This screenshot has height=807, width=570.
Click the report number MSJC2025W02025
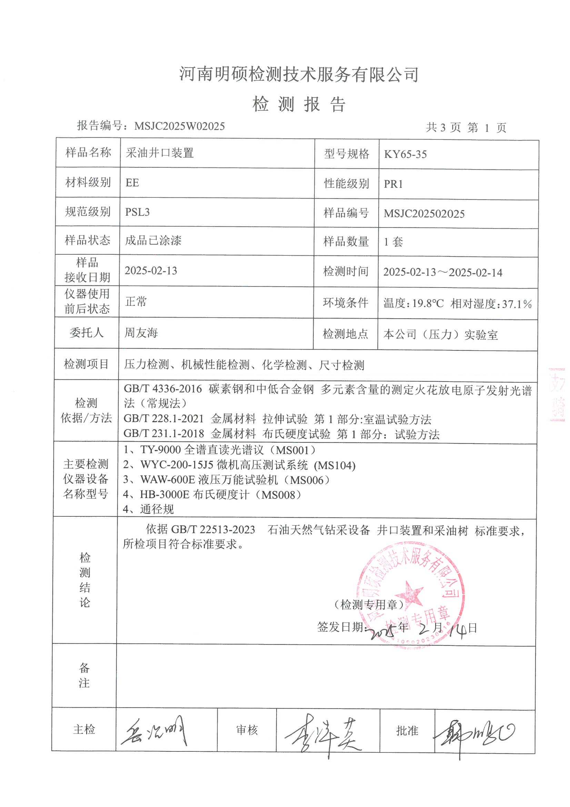(x=179, y=126)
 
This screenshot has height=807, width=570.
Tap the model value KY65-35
(x=405, y=154)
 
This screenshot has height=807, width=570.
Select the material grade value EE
(x=132, y=183)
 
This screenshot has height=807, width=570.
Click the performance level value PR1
(x=393, y=184)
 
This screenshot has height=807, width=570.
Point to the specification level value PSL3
(x=137, y=212)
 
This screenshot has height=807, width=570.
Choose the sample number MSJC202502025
(x=424, y=214)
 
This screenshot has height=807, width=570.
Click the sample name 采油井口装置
(x=160, y=153)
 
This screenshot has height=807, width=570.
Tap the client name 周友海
(x=141, y=332)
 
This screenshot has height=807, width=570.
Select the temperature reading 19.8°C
(x=428, y=303)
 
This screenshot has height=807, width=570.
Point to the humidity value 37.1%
(x=517, y=304)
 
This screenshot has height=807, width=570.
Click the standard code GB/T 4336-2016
(x=163, y=389)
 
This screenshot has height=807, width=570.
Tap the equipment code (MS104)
(x=335, y=465)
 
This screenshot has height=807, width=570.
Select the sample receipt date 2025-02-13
(x=151, y=271)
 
